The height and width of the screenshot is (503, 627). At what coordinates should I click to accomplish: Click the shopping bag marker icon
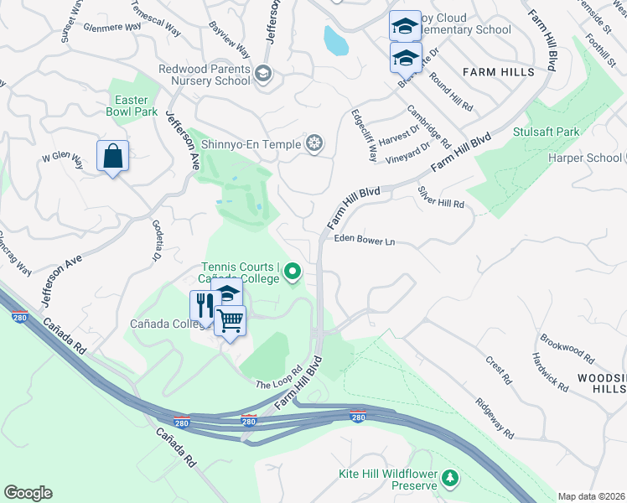112,157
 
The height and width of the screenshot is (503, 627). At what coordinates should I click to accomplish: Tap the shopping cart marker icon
230,319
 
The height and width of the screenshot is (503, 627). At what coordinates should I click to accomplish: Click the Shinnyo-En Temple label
251,144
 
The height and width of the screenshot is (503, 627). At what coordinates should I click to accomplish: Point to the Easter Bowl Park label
132,106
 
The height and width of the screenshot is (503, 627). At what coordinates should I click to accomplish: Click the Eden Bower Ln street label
364,240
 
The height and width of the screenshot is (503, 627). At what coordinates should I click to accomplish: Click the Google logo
28,493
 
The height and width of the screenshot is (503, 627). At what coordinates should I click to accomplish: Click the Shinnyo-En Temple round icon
314,144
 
